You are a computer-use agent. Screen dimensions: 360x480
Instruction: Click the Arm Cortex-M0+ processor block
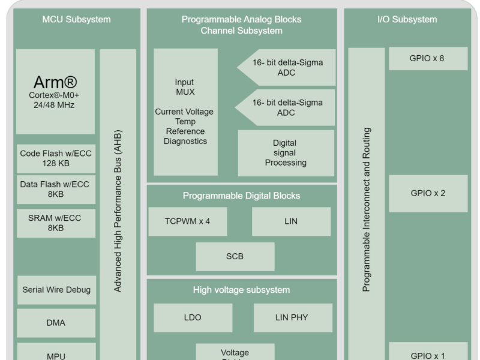pos(55,92)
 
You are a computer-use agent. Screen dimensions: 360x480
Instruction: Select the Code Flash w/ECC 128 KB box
pos(56,158)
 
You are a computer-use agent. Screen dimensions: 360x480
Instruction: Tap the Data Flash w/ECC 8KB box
pos(56,189)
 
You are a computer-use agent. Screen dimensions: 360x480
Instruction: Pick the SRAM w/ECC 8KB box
pos(56,223)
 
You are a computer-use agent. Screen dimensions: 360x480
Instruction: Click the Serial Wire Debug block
pos(56,290)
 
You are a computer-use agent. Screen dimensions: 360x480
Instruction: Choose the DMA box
pos(56,323)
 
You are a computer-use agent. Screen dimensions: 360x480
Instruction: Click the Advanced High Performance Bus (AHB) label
pos(118,210)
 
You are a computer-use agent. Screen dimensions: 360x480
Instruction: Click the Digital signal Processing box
pos(286,153)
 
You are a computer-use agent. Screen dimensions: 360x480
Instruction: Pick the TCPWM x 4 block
pos(187,221)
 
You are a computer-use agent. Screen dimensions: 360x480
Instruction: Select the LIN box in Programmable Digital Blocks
pos(291,221)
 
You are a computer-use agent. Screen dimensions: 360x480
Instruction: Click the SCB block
pos(235,256)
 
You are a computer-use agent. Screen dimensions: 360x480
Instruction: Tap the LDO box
pos(193,317)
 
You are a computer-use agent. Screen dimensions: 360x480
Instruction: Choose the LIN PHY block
pos(292,317)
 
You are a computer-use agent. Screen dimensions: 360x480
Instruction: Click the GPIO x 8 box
pos(427,58)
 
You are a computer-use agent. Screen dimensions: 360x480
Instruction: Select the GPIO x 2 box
pos(427,193)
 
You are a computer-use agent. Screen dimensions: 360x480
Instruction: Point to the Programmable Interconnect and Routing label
pos(367,210)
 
